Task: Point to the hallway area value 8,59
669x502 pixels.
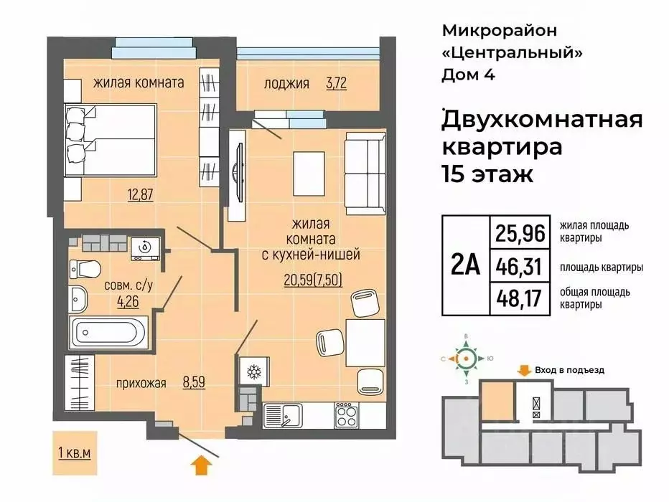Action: [x=194, y=383]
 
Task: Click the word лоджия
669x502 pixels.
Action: [x=286, y=83]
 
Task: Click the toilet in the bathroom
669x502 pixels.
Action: [x=85, y=270]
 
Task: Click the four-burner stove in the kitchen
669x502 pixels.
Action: [x=347, y=414]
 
